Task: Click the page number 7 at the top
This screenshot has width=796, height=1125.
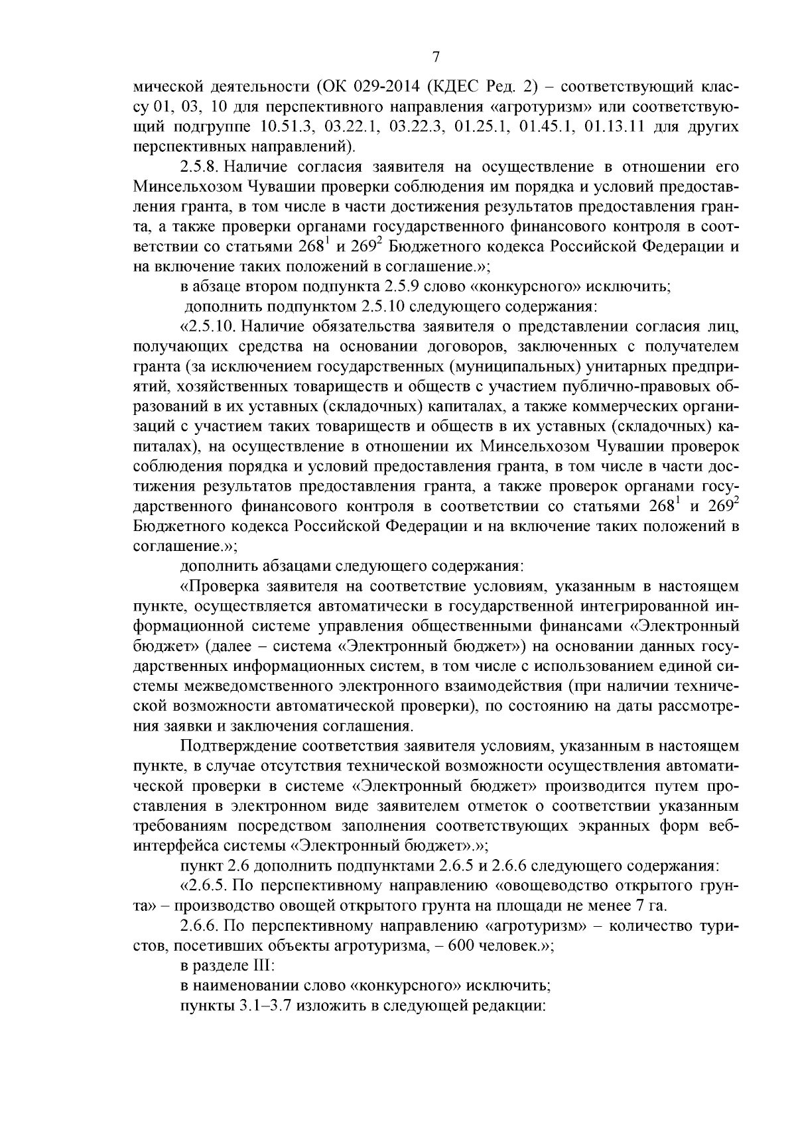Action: point(436,58)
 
